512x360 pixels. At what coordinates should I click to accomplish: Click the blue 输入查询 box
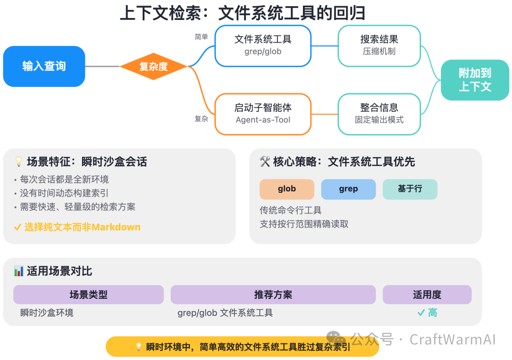(44, 66)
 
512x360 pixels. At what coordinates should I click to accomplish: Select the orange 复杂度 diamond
(154, 66)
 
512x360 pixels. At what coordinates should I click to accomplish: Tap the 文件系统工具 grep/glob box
(263, 45)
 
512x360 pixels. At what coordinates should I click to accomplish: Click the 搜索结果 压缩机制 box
(379, 45)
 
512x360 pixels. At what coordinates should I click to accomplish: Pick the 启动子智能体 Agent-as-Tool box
(263, 114)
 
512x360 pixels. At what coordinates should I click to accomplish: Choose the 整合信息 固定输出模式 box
(379, 114)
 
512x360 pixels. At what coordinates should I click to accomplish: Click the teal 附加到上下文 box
(475, 80)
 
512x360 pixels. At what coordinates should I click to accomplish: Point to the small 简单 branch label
(201, 37)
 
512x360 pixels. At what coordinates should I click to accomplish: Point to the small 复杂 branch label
(201, 119)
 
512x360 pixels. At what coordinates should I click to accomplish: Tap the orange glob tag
(287, 189)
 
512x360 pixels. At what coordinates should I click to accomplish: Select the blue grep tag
(348, 189)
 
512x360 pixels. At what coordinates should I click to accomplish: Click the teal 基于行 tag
(410, 189)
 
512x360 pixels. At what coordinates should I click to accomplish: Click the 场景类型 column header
(89, 295)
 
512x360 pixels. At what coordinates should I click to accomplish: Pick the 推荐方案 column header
(273, 295)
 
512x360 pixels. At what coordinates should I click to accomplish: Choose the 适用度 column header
(427, 295)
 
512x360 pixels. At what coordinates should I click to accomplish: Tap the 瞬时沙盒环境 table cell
(47, 313)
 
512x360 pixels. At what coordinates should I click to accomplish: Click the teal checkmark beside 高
(421, 313)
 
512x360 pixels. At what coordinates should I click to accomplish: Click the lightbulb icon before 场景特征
(19, 162)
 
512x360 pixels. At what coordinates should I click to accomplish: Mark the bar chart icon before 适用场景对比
(19, 271)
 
